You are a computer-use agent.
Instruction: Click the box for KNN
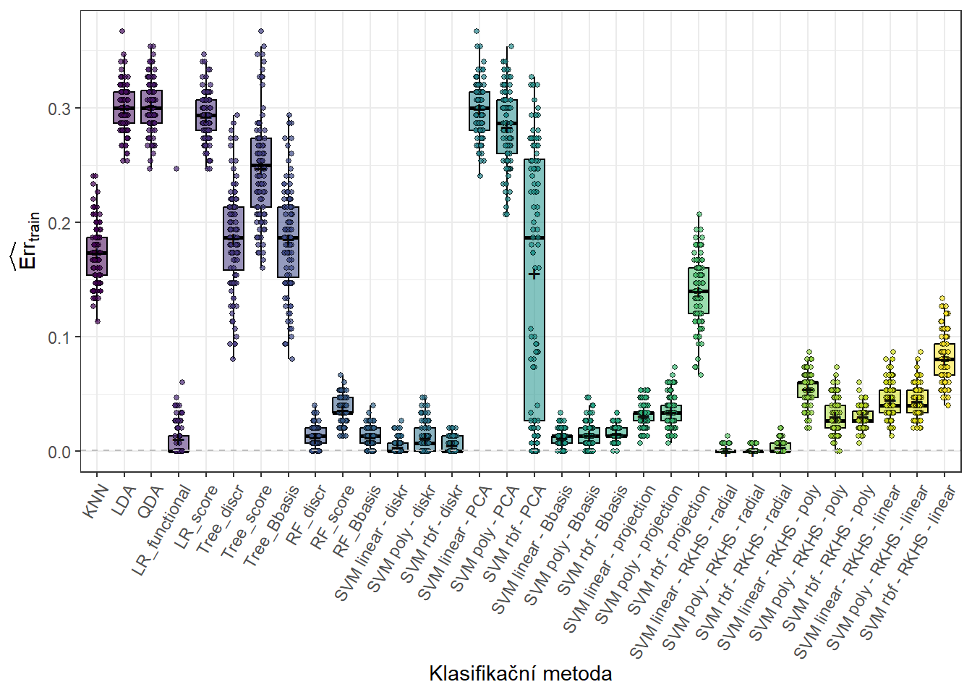(97, 256)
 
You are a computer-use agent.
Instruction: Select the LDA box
(124, 108)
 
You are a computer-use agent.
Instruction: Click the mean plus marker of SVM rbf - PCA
(534, 274)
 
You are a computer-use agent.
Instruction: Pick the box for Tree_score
(260, 172)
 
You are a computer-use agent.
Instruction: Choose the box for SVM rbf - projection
(699, 290)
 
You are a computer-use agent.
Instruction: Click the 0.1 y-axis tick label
(59, 337)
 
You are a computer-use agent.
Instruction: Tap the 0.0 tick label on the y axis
(59, 452)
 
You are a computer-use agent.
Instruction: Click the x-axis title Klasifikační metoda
(520, 674)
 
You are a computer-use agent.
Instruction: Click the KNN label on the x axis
(95, 501)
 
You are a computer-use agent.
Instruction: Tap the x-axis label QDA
(150, 501)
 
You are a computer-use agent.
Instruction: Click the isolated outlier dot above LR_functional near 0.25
(176, 169)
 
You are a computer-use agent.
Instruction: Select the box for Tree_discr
(233, 238)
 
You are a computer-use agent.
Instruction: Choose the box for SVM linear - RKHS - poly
(808, 389)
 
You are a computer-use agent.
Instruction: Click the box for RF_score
(343, 405)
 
